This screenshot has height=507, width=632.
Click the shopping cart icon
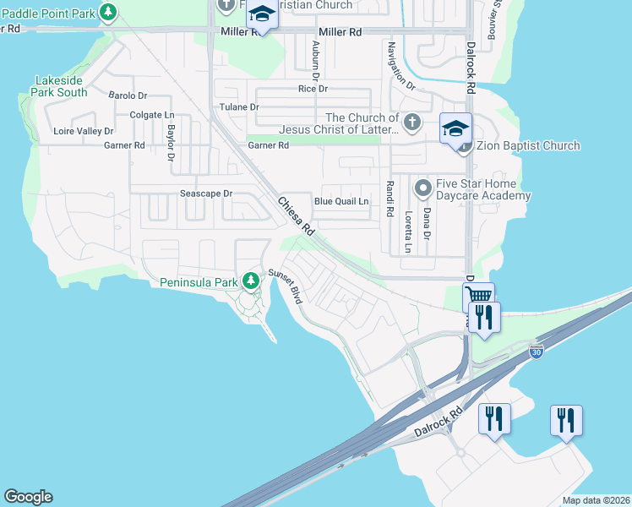(x=478, y=296)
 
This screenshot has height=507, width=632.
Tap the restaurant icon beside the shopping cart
(x=484, y=318)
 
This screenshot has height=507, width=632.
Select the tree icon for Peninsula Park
(x=250, y=281)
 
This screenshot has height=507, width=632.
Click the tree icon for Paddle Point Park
(x=108, y=12)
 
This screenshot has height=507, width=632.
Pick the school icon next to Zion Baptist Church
(x=455, y=128)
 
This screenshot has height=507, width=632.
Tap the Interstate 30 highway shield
(x=536, y=350)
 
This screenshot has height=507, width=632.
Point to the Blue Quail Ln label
(x=341, y=201)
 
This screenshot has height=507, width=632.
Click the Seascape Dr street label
(x=206, y=194)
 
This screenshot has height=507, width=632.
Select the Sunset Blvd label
(x=286, y=286)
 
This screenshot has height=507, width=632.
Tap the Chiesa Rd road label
(x=297, y=216)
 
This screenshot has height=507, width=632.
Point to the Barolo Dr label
(x=128, y=95)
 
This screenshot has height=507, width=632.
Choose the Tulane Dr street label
(x=239, y=107)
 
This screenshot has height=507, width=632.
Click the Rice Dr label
(x=313, y=89)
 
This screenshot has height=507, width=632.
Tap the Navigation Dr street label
(x=400, y=67)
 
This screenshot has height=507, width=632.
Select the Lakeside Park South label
(x=60, y=86)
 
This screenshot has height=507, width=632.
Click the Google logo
(x=28, y=497)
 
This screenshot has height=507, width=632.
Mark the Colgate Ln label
(x=151, y=115)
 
